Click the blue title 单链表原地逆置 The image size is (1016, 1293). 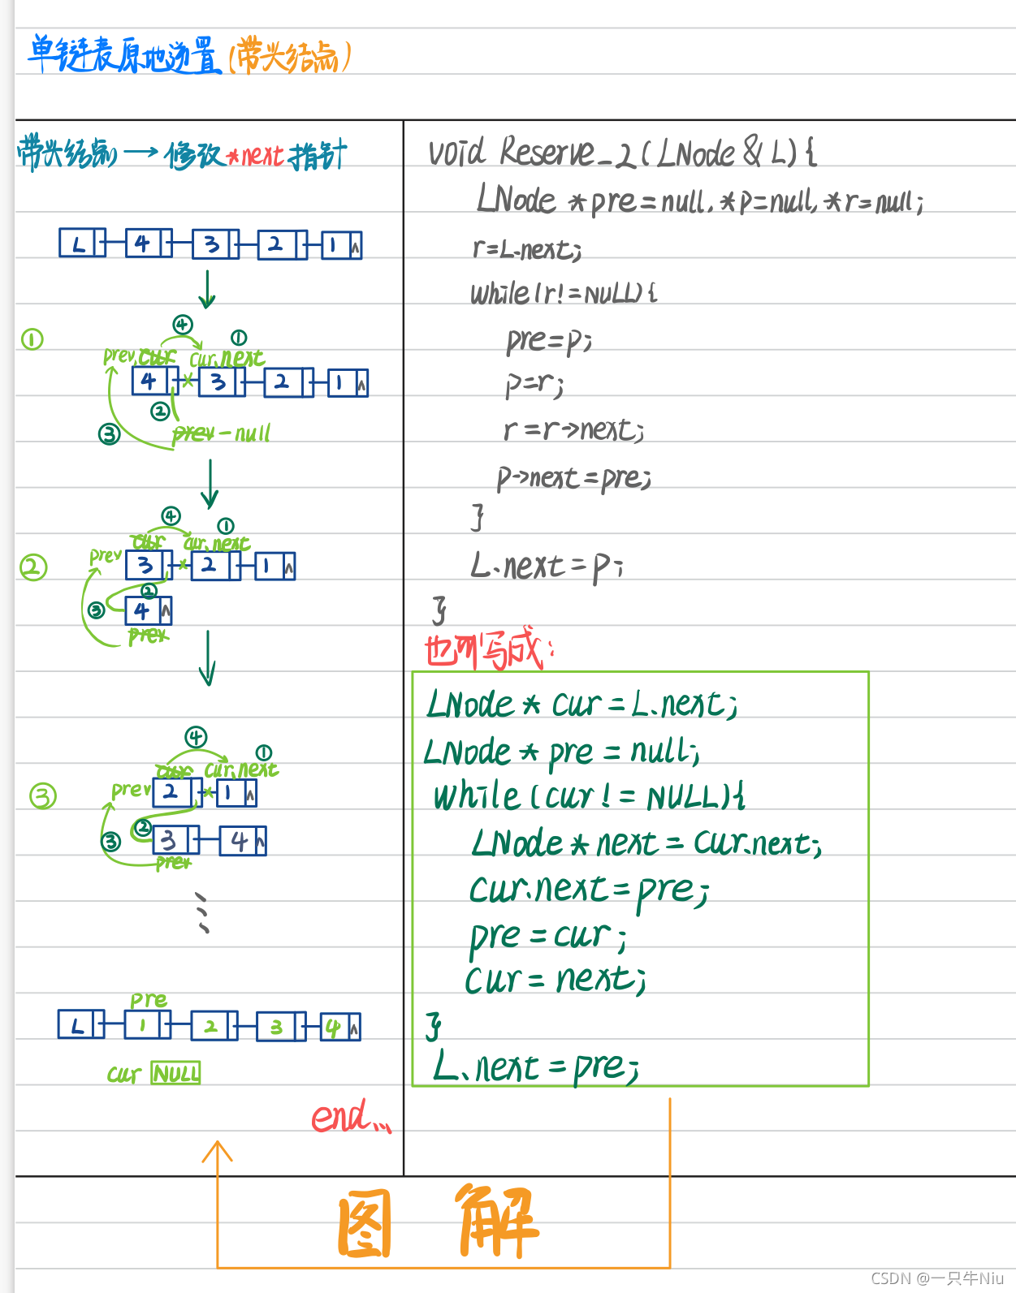(123, 55)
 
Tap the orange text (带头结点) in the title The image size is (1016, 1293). (290, 56)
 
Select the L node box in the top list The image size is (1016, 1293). (81, 244)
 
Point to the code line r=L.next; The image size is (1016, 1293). (527, 249)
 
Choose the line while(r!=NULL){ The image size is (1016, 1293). (564, 293)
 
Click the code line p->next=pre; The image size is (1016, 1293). (573, 478)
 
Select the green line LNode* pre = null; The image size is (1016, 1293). (561, 752)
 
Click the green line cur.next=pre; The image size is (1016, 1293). (589, 890)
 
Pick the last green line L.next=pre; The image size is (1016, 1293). (537, 1067)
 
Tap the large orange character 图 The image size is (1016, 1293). (365, 1223)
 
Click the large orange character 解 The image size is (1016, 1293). (497, 1222)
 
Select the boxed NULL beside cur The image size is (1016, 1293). (175, 1074)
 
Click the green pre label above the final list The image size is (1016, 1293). (149, 1000)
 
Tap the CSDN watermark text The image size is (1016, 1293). (937, 1278)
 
